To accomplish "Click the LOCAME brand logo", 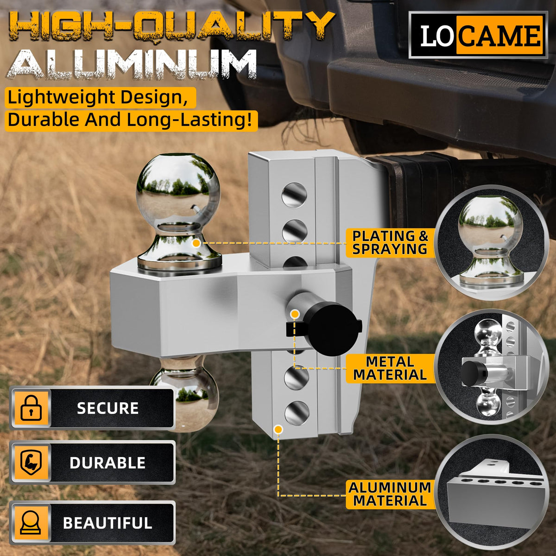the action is click(x=478, y=35).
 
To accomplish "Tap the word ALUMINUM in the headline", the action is click(x=132, y=64).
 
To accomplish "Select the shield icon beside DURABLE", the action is click(x=31, y=463).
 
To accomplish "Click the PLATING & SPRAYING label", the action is click(x=390, y=243).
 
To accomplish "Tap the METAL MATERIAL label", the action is click(x=390, y=368).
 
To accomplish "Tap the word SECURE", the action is click(x=107, y=408).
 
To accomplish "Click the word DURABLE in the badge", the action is click(x=107, y=463).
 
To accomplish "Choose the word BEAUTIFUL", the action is click(x=107, y=523).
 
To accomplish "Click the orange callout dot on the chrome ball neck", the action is click(x=196, y=243).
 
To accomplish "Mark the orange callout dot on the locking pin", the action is click(x=295, y=314).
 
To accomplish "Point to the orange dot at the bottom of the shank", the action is click(x=278, y=429).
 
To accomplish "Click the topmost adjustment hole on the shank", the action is click(x=294, y=195).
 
